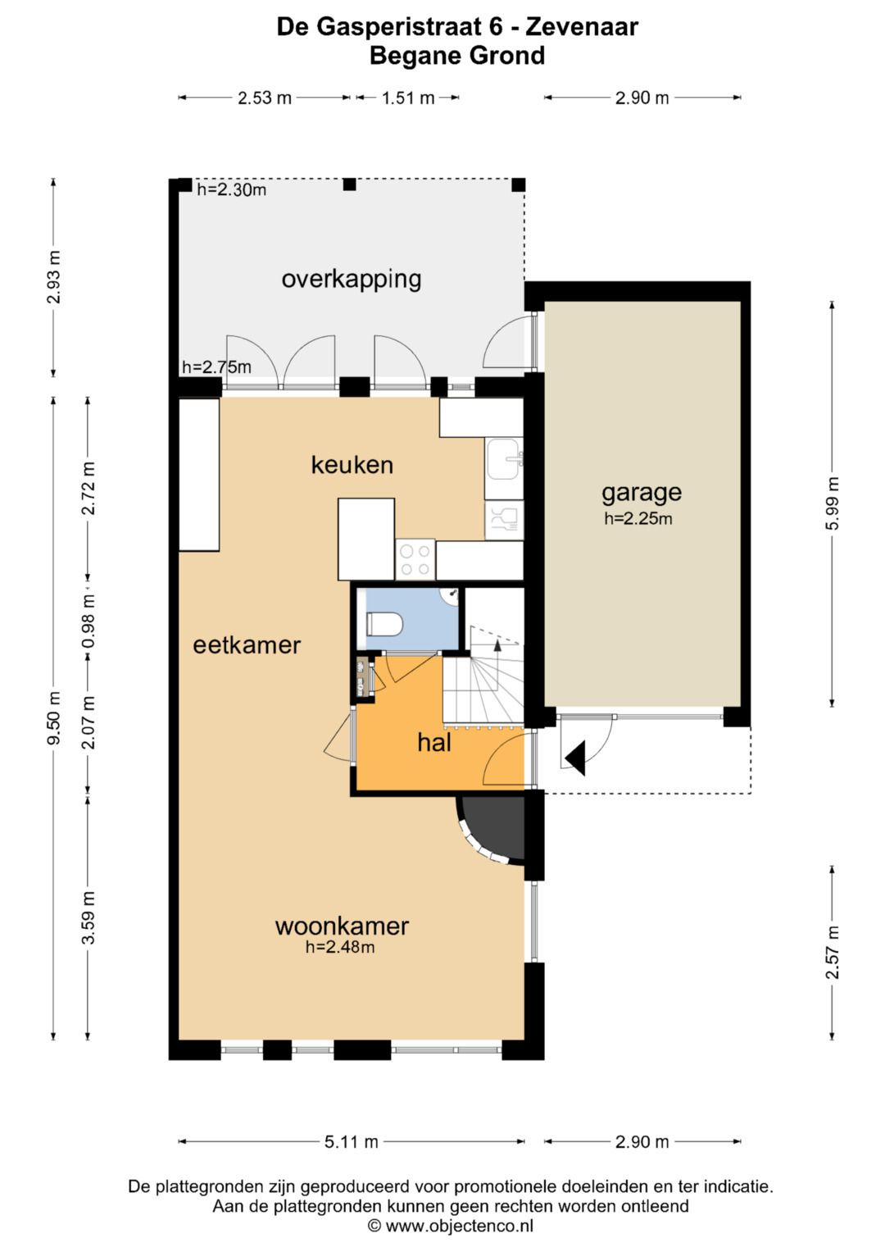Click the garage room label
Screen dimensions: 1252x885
(641, 492)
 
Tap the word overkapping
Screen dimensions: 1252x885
(352, 279)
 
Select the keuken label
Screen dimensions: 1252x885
(352, 465)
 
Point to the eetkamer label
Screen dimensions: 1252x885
(247, 645)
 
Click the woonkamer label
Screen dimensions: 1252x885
(342, 926)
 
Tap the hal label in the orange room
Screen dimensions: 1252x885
(433, 743)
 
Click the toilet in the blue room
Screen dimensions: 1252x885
(384, 625)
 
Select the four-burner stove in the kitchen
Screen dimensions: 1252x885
(415, 559)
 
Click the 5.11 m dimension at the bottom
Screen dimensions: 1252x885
(352, 1141)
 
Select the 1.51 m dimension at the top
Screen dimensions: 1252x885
(408, 98)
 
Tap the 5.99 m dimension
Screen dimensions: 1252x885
(833, 503)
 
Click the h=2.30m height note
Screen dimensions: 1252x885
(231, 190)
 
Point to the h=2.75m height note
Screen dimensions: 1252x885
(216, 367)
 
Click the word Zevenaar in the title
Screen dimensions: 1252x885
(581, 27)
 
